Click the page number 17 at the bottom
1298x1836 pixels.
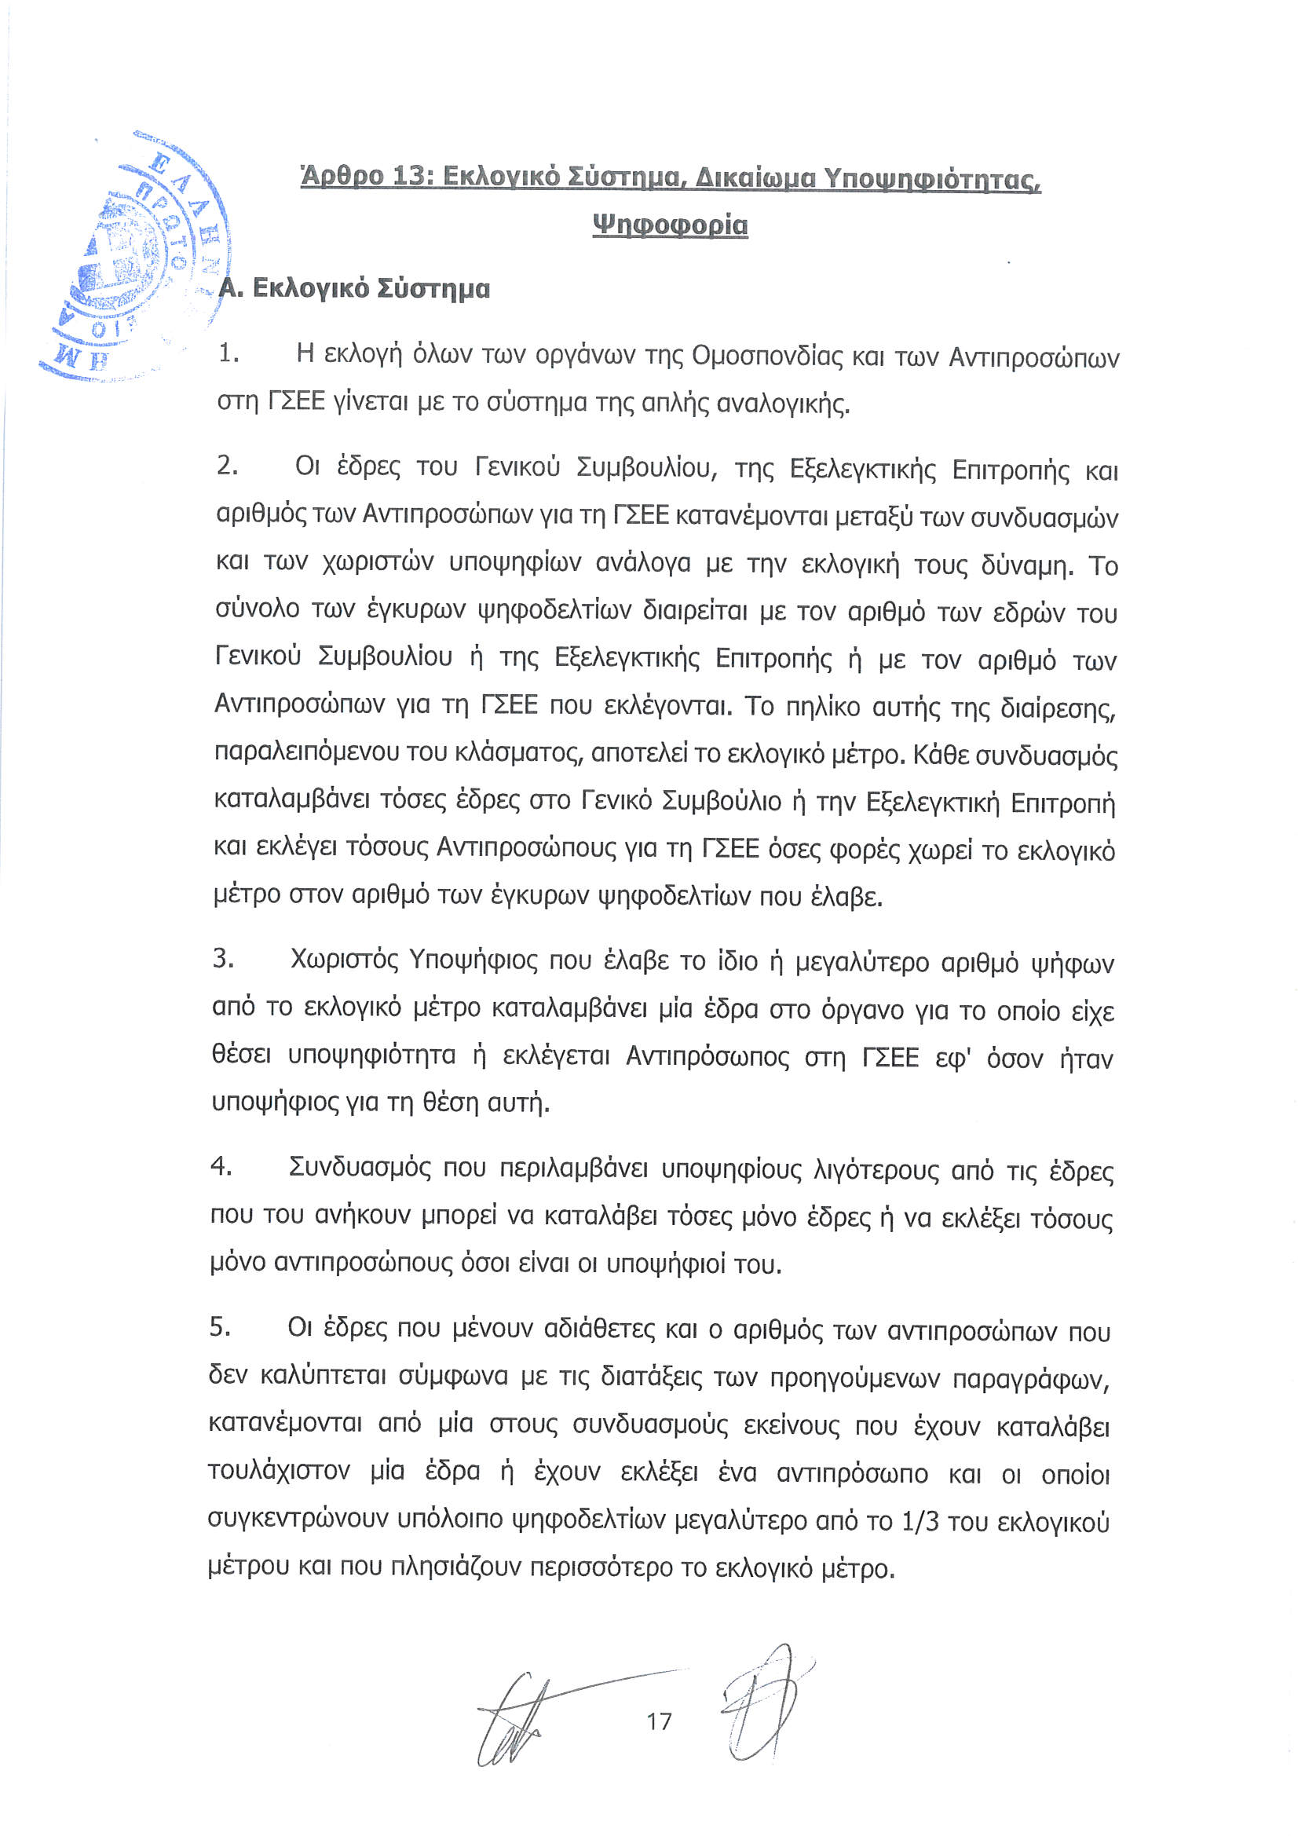click(659, 1720)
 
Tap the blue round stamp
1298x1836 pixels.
click(136, 256)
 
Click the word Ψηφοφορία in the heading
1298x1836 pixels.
click(670, 225)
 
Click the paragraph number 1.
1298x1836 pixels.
click(228, 353)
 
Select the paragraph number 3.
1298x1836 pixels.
click(223, 957)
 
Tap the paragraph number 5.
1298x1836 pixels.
click(220, 1326)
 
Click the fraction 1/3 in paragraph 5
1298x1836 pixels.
click(920, 1520)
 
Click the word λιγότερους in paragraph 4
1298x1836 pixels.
click(876, 1171)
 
